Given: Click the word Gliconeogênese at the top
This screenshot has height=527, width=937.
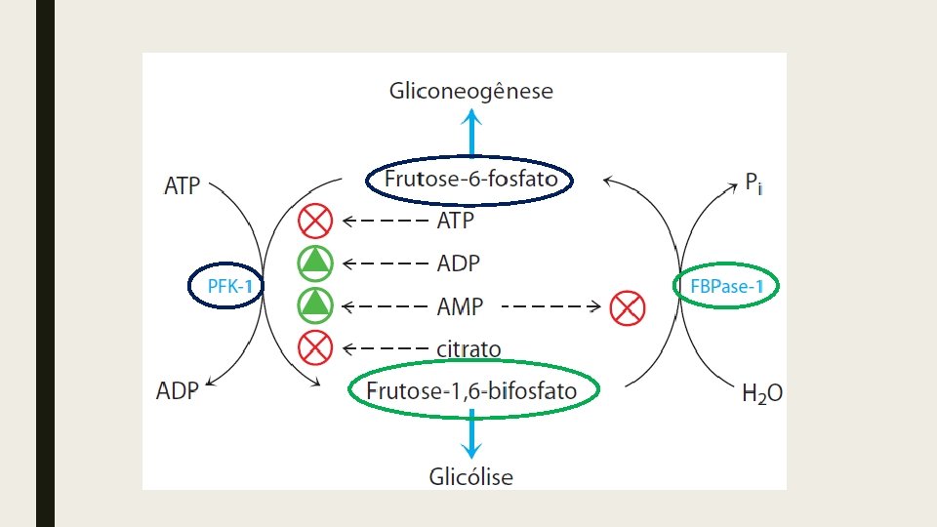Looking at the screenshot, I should tap(470, 92).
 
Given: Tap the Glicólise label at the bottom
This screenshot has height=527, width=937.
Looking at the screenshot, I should tap(470, 476).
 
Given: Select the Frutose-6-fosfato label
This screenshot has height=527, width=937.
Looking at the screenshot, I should tap(470, 180).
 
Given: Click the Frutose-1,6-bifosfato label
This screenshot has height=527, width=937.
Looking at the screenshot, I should tap(472, 390).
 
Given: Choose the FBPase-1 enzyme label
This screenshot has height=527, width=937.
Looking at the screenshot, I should tap(726, 286).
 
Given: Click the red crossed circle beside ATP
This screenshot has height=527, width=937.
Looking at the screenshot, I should tap(315, 221).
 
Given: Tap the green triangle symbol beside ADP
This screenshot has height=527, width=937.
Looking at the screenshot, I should tap(315, 263).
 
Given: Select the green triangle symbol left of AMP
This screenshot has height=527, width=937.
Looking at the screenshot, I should tap(315, 304).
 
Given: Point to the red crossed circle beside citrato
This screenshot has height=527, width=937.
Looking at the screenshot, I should tap(315, 346).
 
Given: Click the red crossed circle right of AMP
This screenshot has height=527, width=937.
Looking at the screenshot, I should tap(627, 309).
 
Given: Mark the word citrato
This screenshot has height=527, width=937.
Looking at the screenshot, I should tap(468, 348).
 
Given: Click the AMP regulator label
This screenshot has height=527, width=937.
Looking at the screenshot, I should tap(459, 306).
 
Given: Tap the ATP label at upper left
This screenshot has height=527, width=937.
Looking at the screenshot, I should tap(182, 186).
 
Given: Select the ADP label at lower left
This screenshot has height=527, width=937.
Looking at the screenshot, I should tap(177, 391).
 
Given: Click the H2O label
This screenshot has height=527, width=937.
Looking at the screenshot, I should tap(761, 394).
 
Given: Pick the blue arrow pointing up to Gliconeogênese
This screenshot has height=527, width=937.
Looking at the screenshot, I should tap(470, 133).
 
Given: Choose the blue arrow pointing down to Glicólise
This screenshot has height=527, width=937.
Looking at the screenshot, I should tap(470, 433).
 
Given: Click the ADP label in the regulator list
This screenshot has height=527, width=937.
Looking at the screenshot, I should tap(458, 263).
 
